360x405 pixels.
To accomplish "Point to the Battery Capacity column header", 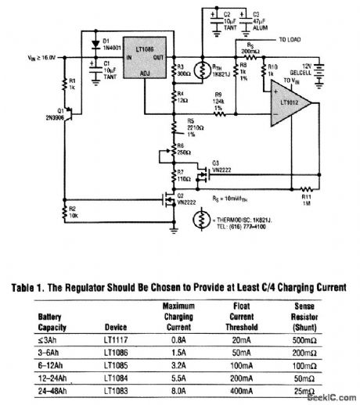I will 45,322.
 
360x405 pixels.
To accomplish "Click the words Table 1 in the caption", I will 33,288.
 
